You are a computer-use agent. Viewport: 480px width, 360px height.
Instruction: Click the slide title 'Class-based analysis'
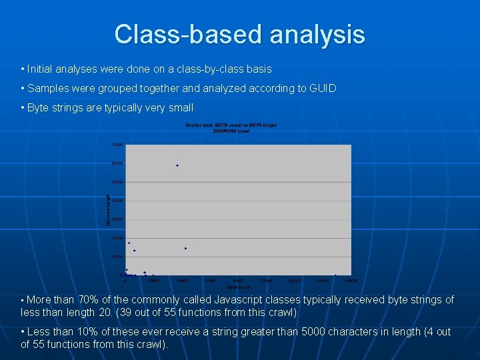239,34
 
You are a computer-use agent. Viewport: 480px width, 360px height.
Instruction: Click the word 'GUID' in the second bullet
323,88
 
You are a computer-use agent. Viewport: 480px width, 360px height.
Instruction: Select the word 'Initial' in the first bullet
41,69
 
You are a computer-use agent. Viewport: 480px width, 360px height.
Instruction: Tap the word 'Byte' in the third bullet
39,107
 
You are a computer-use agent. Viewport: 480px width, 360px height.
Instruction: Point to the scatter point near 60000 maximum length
177,165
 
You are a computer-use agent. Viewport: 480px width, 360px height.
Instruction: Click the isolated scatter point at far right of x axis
335,275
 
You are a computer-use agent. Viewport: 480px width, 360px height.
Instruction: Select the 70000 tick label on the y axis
117,145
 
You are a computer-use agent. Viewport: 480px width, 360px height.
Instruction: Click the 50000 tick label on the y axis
117,182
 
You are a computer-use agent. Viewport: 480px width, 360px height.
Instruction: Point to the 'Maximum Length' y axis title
109,209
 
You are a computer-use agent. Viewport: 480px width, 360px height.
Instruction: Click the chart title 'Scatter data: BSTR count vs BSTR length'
231,125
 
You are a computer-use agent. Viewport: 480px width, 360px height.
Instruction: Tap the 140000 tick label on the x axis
351,281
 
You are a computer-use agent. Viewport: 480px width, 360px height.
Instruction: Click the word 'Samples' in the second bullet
48,88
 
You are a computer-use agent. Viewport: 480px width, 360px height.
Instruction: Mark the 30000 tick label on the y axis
117,219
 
